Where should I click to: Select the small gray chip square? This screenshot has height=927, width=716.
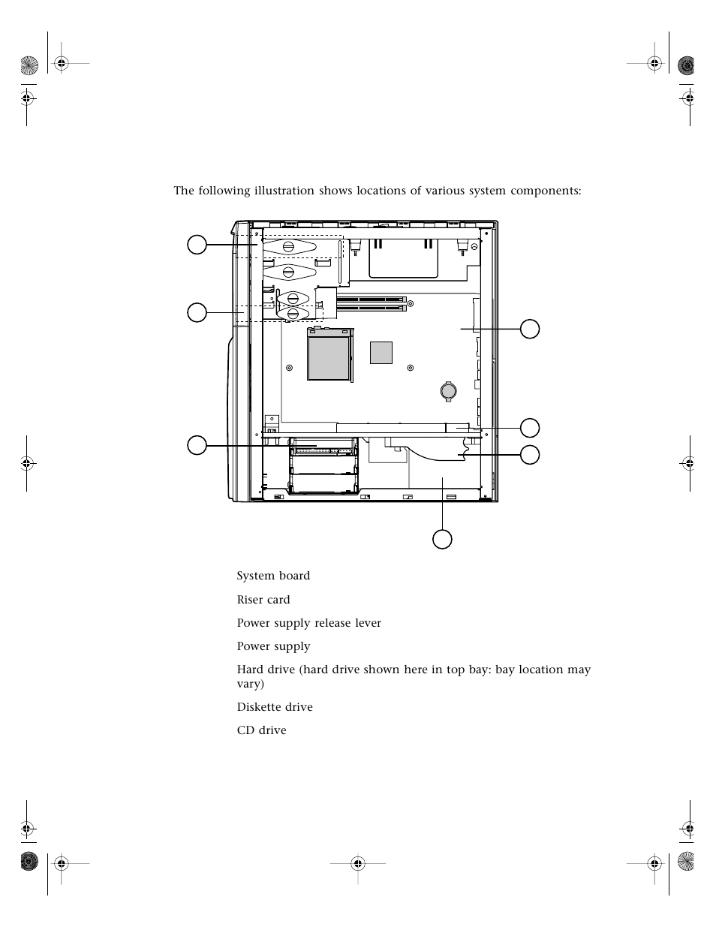(381, 352)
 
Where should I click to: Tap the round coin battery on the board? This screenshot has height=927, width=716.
(448, 390)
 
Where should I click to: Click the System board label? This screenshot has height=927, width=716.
(273, 576)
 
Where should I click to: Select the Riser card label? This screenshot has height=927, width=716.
(263, 600)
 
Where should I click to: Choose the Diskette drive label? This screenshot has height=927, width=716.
(275, 707)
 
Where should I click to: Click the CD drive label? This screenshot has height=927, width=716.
(261, 730)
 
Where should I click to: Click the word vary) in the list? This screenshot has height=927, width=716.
(249, 684)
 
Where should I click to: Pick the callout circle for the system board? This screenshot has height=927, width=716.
(530, 329)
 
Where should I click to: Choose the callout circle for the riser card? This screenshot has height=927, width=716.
(530, 428)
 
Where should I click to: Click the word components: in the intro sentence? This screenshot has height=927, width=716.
(546, 191)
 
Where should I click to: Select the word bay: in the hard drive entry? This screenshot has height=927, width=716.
(477, 670)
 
